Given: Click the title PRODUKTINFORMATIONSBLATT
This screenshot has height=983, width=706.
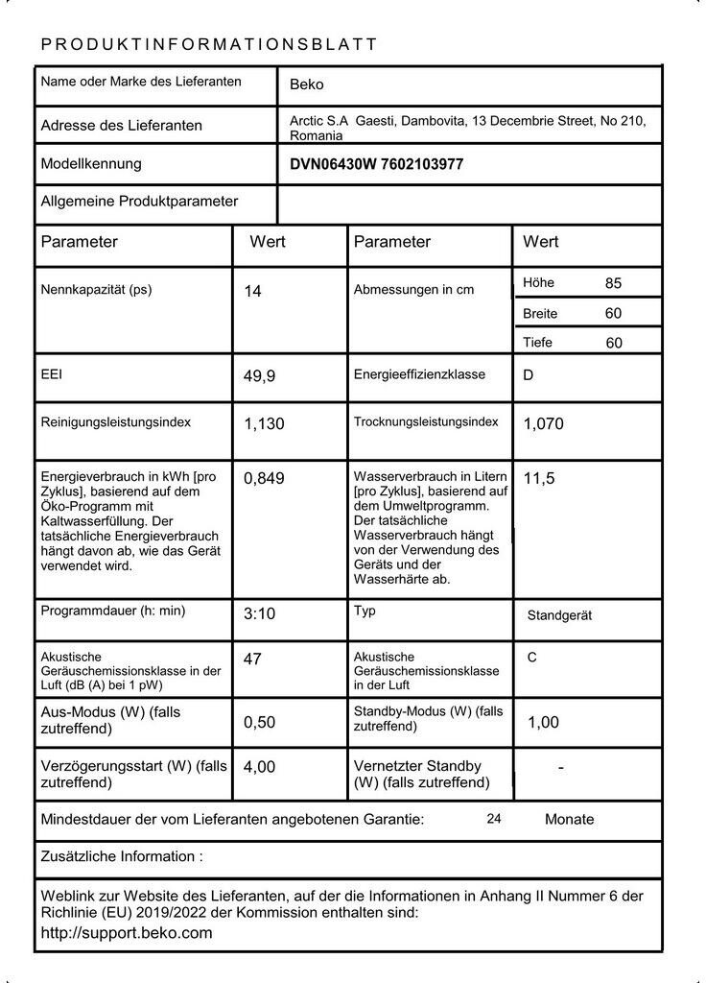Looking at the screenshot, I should coord(209,44).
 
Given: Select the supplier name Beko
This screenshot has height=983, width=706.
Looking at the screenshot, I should coord(307,84).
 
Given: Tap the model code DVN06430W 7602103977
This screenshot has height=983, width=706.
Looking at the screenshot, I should coord(376,164).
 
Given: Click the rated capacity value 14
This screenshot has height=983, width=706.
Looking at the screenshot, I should coord(252,291).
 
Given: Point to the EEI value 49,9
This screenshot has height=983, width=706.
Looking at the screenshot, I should coord(259,376).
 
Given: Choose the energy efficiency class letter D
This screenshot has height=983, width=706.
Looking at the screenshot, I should coord(528,375).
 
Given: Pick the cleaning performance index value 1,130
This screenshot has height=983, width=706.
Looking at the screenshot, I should coord(264,423).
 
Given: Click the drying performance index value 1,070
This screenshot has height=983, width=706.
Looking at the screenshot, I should coord(543,423).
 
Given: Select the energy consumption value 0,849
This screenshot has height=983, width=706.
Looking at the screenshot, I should coord(264,478).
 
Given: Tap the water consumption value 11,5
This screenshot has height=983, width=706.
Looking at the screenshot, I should coord(539,478).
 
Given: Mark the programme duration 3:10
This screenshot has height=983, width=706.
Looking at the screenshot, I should coord(259,613).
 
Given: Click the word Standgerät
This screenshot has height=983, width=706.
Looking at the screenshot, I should coord(559,615).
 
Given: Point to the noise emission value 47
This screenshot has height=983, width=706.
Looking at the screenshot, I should coord(252,659).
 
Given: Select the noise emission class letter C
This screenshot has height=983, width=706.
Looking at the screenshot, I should coord(532,658).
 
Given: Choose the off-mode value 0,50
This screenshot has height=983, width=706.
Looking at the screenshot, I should coord(259,723).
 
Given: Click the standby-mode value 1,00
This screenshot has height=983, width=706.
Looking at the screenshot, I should coord(543,723).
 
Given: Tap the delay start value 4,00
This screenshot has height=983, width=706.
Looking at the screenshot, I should coord(259,767).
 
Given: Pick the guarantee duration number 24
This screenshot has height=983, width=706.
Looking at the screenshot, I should coord(494,819).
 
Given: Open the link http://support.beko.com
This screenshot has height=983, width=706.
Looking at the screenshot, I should coord(127,933).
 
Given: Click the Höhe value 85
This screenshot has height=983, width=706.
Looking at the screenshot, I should coord(614,283).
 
